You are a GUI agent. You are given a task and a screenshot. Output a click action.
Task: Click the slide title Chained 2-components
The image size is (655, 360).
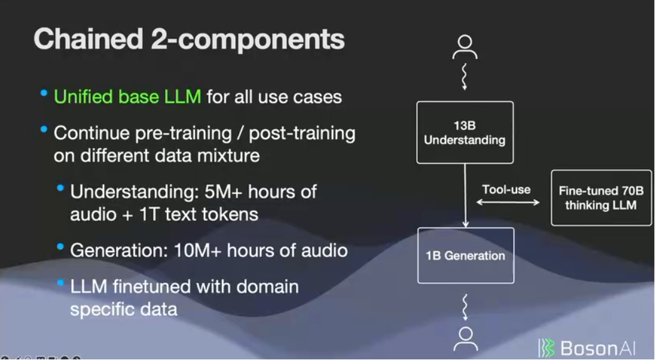(x=189, y=40)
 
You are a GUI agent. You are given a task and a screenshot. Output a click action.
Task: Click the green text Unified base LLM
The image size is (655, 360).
(x=127, y=97)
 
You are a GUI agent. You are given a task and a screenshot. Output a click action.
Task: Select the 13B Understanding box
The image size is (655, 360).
(x=465, y=133)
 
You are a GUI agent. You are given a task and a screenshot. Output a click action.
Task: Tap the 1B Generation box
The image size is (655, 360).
(x=466, y=255)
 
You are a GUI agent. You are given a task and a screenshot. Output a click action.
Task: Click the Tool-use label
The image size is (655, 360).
(x=506, y=189)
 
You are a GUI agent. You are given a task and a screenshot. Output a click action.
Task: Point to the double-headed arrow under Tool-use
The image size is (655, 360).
(x=508, y=203)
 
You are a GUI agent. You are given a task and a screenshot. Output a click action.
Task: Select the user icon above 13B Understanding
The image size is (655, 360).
(x=464, y=47)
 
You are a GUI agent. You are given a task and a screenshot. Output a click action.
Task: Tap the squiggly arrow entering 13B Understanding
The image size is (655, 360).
(x=464, y=77)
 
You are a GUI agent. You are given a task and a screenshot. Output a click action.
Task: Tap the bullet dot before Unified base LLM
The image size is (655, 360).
(x=43, y=93)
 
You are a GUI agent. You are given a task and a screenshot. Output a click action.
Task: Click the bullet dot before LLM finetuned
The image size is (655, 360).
(x=60, y=283)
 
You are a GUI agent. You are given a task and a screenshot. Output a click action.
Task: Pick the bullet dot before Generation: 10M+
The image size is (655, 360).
(x=60, y=246)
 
